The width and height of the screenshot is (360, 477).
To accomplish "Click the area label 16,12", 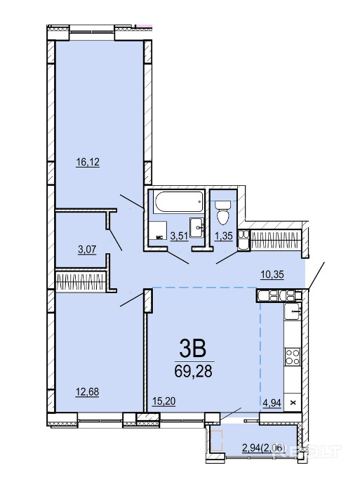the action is [88, 163].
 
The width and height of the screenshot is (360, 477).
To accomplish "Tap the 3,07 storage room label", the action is [87, 250].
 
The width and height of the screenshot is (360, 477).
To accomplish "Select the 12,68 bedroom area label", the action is [88, 392].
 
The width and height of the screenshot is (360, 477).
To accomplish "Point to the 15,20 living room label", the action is [164, 401].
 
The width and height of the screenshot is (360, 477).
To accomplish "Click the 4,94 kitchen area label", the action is [272, 403].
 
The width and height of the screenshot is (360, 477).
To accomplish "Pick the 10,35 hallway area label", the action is [272, 275].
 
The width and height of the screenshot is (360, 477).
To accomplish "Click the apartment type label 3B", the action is [193, 349].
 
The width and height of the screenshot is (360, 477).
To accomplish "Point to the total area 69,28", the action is [193, 371].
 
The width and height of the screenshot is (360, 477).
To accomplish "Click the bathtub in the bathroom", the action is [178, 201].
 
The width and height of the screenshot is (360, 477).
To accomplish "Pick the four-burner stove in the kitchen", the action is [292, 356].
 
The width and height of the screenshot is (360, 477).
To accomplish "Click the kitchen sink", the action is [292, 311].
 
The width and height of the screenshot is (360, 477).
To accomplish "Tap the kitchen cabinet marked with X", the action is [293, 403].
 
